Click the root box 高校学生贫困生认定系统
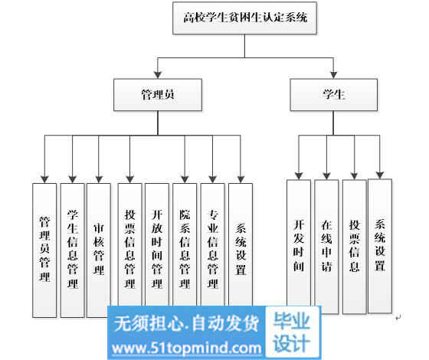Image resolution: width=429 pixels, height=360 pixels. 244,18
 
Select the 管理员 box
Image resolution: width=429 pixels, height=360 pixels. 158,95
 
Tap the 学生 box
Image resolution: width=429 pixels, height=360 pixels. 333,95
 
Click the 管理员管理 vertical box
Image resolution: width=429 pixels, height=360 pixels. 44,250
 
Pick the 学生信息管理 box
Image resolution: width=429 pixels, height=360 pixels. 72,250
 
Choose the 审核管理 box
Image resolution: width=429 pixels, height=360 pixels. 99,250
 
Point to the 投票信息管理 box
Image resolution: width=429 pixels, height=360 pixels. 129,244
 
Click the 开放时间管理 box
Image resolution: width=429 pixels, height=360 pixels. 157,244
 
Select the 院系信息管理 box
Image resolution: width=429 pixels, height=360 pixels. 185,244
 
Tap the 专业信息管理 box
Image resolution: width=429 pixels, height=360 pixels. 213,244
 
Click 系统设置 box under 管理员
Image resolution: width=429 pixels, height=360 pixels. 241,244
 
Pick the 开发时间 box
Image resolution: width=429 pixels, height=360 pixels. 299,243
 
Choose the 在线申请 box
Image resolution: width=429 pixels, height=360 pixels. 326,247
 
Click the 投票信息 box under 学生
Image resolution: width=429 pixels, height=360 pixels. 354,247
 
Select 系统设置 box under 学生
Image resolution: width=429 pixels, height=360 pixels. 380,246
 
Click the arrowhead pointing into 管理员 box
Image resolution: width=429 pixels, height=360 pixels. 158,75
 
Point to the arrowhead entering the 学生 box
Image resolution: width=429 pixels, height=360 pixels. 333,75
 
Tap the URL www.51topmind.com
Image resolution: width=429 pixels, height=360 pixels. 187,349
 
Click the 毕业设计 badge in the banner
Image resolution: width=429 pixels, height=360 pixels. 292,332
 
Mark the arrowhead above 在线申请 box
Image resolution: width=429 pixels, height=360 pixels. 326,176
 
